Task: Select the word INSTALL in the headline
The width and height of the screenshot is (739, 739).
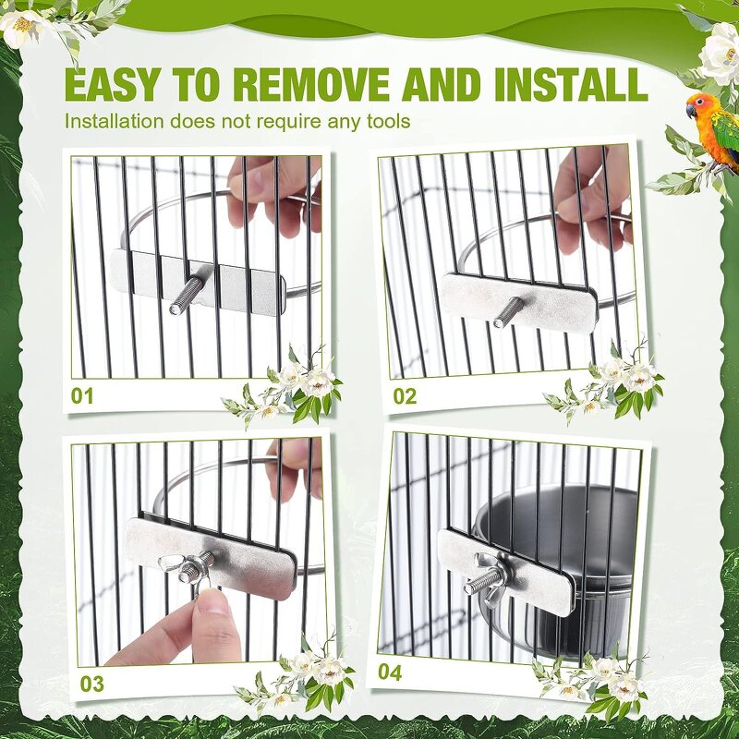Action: [x=570, y=84]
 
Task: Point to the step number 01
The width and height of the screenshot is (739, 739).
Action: [x=83, y=396]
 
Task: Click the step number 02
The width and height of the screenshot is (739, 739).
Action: [x=405, y=396]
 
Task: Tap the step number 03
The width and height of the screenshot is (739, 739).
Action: [x=92, y=684]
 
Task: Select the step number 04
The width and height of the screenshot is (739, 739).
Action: [x=390, y=672]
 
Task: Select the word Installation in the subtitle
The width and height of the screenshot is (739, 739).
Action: [x=115, y=121]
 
